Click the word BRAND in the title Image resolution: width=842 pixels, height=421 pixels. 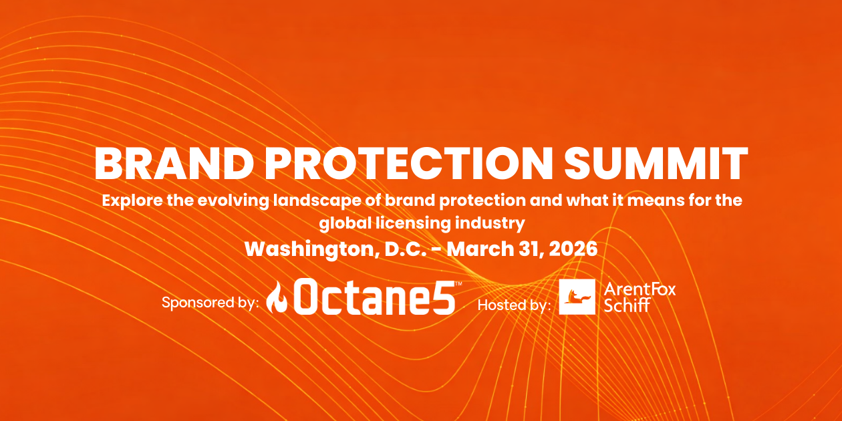(x=174, y=164)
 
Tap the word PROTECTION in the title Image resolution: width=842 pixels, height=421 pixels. (x=408, y=164)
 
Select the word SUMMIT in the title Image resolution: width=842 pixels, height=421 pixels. (x=656, y=164)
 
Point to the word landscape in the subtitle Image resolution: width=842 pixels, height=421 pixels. (x=317, y=200)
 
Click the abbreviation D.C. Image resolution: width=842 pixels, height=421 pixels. (x=406, y=249)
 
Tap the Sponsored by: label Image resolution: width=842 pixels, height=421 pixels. (x=210, y=303)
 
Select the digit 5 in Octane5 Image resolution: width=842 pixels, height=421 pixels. (x=443, y=297)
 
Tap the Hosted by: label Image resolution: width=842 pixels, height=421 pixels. (x=515, y=305)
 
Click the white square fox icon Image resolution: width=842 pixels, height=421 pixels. (x=577, y=297)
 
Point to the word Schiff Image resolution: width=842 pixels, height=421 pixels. (x=627, y=305)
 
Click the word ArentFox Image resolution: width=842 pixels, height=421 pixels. (x=640, y=289)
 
